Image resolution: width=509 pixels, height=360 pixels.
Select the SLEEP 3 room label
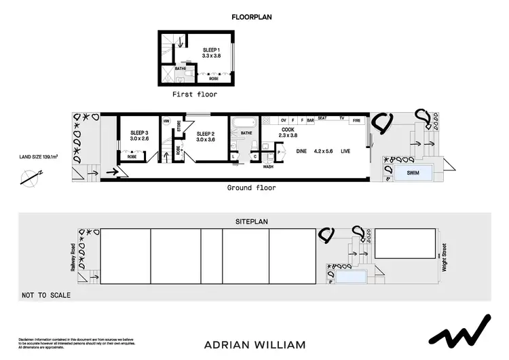(x=138, y=133)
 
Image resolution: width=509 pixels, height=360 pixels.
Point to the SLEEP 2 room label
(x=205, y=133)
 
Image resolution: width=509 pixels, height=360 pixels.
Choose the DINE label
(x=303, y=151)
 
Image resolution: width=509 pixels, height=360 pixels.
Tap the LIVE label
(x=346, y=151)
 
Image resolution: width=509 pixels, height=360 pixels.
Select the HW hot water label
(x=166, y=122)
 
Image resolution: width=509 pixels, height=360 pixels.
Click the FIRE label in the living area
(x=357, y=120)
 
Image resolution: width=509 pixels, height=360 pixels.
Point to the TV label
(x=343, y=119)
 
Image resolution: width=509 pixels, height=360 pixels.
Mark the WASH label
(x=269, y=166)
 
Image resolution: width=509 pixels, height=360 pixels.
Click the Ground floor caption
(x=252, y=188)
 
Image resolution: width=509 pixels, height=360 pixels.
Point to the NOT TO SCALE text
(x=46, y=295)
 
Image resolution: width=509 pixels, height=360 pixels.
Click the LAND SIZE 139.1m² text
(x=37, y=157)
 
